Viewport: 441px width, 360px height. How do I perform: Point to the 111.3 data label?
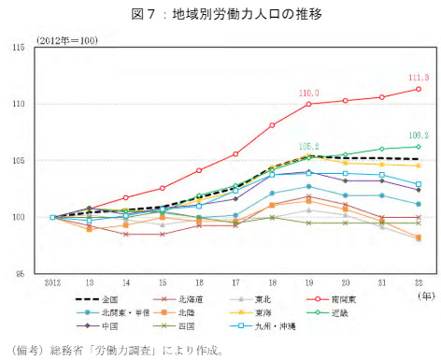click(x=419, y=78)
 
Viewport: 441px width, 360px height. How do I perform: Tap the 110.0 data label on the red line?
click(x=309, y=94)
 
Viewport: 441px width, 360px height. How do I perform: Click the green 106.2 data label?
click(x=419, y=136)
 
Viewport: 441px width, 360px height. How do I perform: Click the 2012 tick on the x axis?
click(x=52, y=281)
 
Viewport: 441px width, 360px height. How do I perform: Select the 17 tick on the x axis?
click(x=235, y=281)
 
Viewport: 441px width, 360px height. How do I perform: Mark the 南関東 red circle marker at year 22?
click(x=418, y=89)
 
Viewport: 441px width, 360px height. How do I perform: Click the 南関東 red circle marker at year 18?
click(x=272, y=125)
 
